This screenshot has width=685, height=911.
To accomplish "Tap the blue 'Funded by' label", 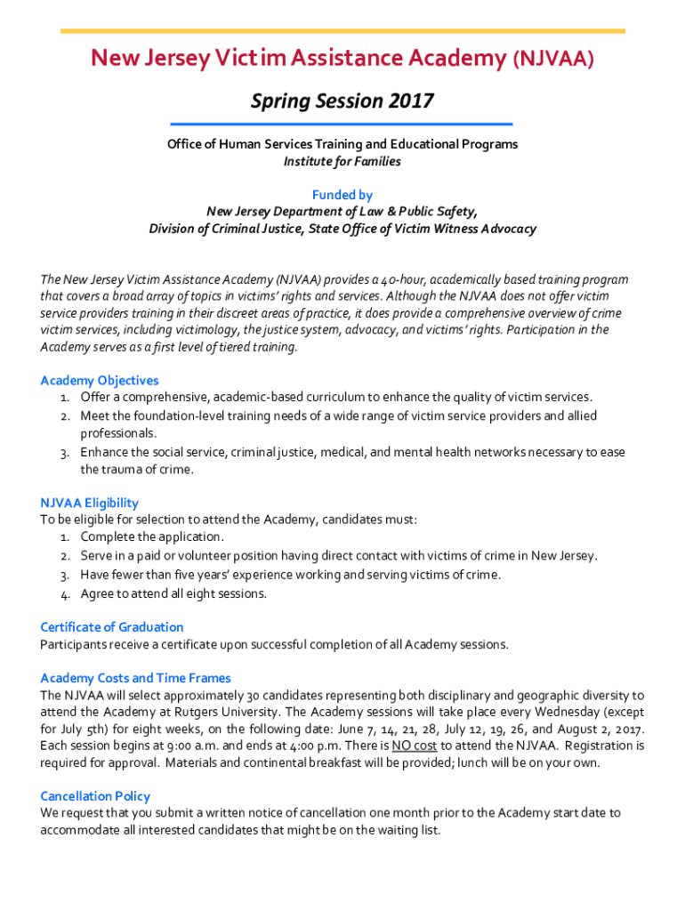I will pos(342,195).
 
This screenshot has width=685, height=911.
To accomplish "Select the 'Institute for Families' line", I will pos(342,161).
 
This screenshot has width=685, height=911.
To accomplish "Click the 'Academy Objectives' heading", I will pos(100,381).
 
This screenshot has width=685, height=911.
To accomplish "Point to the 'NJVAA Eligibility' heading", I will pos(90,503).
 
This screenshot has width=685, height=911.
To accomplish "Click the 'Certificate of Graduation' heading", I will pos(112,626).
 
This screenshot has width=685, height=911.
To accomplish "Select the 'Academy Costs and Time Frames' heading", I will pos(135,678).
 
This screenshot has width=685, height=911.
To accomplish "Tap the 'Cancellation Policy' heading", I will pos(95,796).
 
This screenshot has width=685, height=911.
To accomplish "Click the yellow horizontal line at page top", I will pos(342,31).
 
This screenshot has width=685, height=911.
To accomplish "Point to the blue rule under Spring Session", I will pos(342,124).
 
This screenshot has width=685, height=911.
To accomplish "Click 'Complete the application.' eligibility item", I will pos(152,536).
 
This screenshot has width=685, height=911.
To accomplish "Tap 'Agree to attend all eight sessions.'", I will pos(173,593).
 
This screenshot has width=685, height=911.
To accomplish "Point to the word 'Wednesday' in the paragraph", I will pos(546,712).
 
